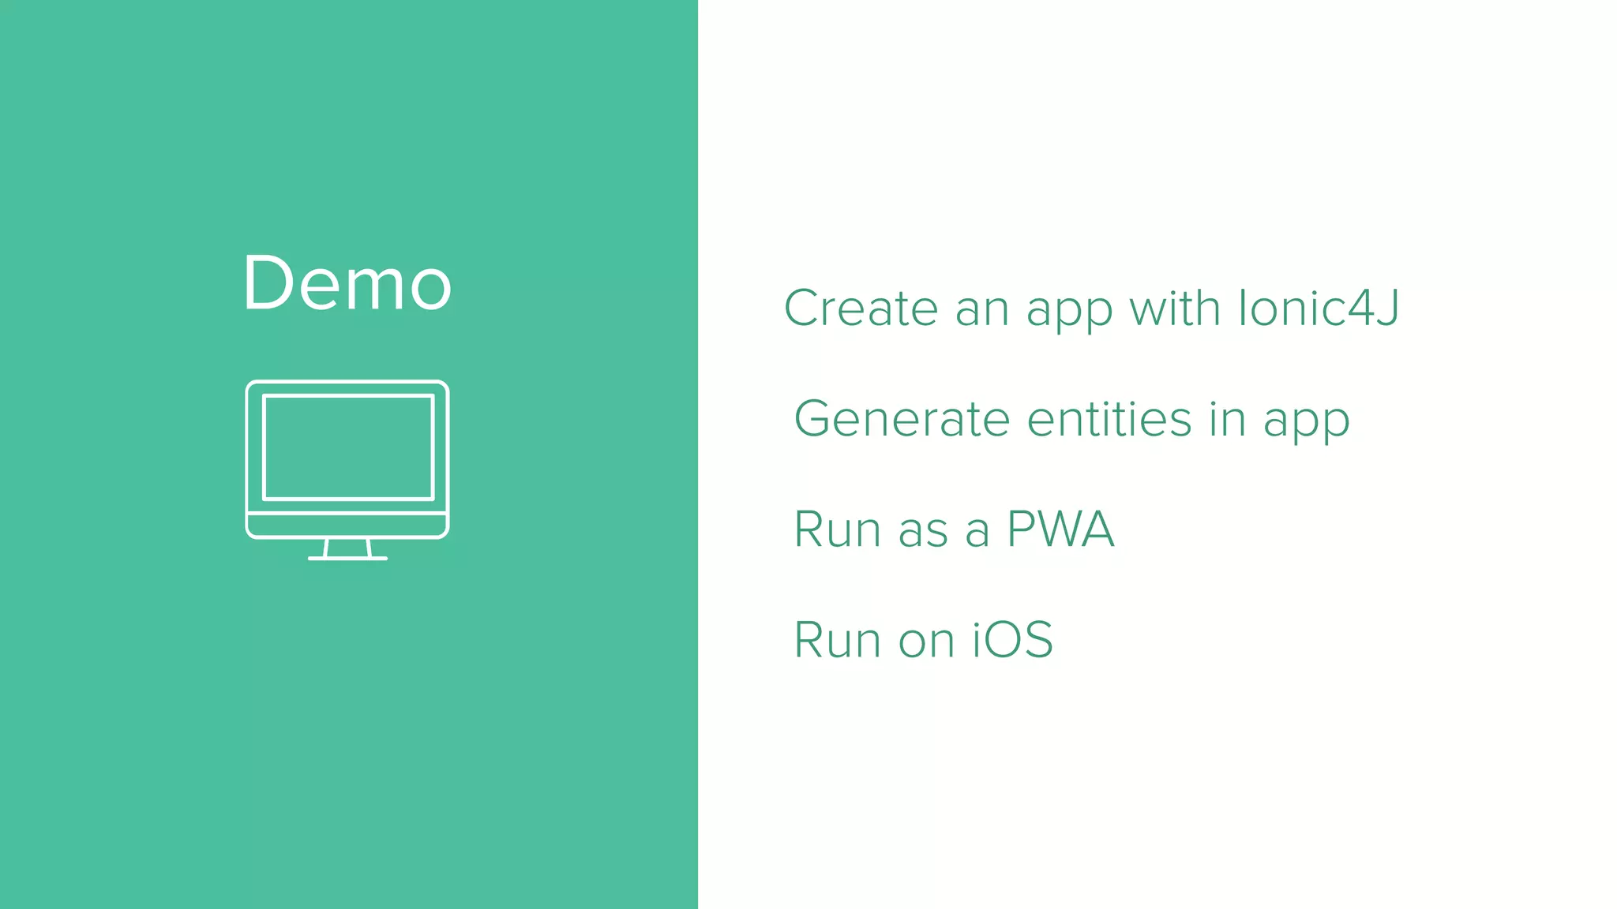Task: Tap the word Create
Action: tap(861, 308)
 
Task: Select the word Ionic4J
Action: tap(1319, 308)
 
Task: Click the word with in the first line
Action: tap(1174, 308)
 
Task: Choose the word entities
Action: tap(1109, 419)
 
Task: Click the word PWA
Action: tap(1060, 529)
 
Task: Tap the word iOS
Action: tap(1012, 640)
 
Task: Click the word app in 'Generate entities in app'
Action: tap(1307, 422)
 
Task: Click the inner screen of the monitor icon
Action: tap(348, 447)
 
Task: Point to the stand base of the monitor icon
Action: tap(347, 558)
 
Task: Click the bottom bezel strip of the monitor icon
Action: tap(347, 525)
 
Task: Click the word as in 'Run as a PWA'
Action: tap(923, 531)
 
